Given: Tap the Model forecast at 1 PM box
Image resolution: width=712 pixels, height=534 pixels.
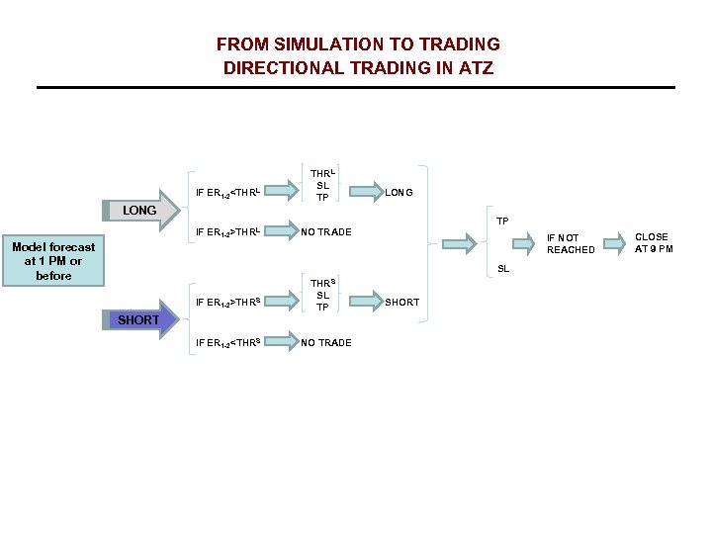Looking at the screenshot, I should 53,261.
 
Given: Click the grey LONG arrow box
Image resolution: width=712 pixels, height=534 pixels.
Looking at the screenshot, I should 141,211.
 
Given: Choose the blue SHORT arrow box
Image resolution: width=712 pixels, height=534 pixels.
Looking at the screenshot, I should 140,319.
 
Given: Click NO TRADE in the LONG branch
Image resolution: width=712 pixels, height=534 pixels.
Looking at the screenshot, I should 326,233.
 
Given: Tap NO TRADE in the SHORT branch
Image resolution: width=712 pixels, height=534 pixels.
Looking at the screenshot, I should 326,343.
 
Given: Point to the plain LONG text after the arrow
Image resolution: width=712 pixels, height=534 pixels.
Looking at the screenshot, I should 399,193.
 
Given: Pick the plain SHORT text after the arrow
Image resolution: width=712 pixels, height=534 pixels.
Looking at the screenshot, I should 401,303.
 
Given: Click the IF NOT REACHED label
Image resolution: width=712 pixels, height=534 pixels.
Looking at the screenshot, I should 571,244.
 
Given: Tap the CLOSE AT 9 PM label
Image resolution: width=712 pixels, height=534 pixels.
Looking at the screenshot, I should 653,243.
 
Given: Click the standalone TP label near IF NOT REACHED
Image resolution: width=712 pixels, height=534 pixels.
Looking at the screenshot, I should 502,221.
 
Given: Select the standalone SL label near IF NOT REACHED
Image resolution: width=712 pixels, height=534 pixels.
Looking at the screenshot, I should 502,269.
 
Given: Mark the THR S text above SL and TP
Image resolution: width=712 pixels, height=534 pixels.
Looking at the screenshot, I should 322,283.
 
